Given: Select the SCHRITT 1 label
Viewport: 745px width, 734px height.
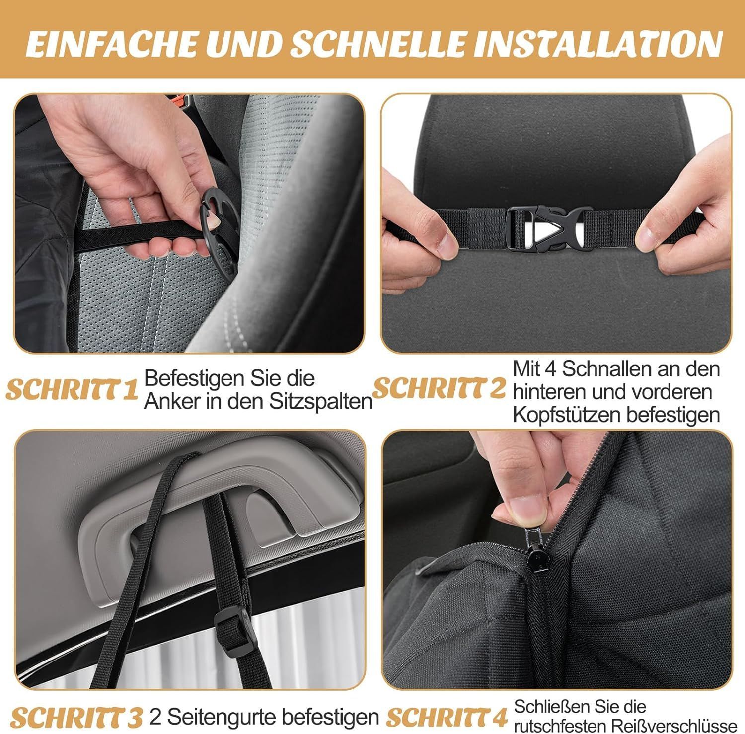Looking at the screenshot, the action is [x=72, y=390].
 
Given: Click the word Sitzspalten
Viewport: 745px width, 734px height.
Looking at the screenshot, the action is [x=321, y=401].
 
